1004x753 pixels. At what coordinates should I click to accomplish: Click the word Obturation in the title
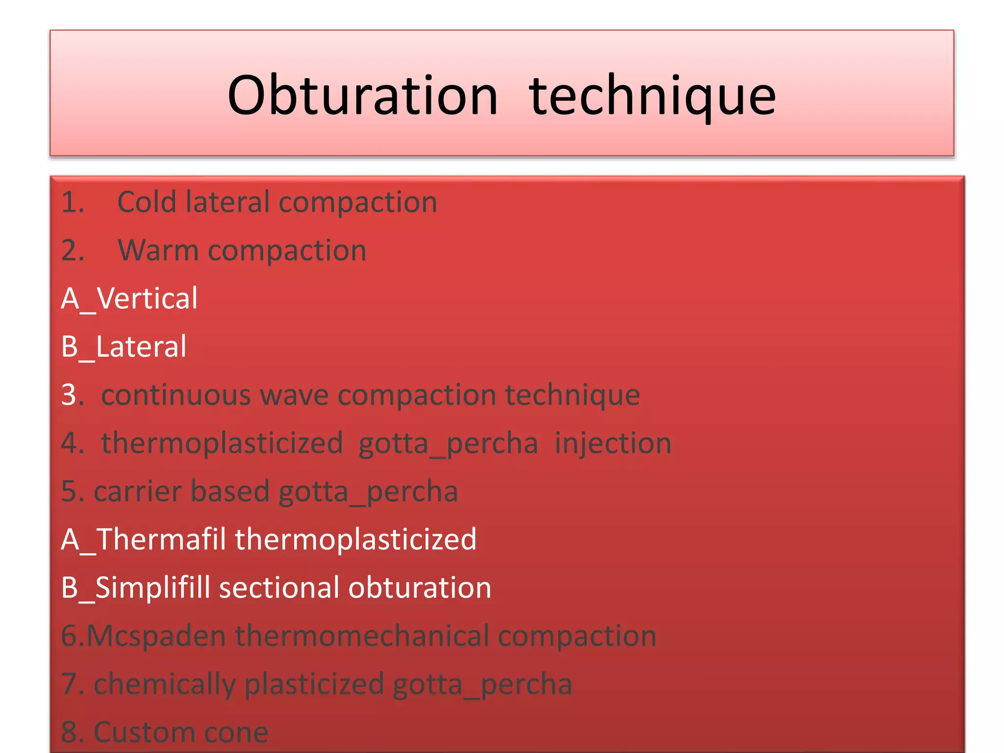point(363,96)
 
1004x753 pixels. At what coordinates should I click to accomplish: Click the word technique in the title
point(652,96)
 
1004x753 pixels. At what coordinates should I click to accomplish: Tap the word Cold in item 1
point(147,202)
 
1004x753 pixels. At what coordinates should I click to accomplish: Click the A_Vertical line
point(129,298)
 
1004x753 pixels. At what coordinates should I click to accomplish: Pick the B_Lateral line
point(124,347)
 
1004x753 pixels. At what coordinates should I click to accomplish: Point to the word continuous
point(176,395)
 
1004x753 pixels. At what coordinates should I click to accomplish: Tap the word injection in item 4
point(613,443)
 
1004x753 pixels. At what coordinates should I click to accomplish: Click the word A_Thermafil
point(144,539)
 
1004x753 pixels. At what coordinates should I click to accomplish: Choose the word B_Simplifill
point(136,587)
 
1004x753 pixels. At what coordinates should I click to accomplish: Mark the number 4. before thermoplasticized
point(72,443)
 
